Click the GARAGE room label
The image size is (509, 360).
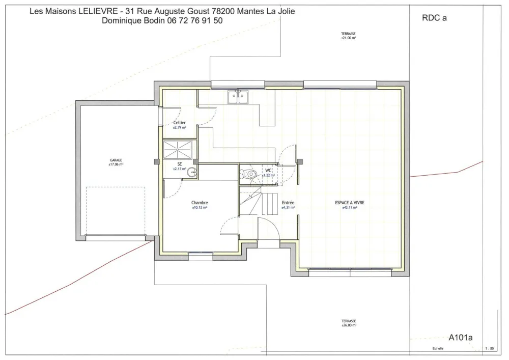(116, 160)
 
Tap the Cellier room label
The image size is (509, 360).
(179, 123)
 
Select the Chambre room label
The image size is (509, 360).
(200, 203)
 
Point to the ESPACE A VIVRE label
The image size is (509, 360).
(349, 203)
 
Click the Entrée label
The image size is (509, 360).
(288, 203)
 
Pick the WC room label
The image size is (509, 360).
(268, 170)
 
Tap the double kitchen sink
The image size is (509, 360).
(238, 97)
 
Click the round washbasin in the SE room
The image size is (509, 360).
(192, 173)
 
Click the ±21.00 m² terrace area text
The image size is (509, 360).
(349, 38)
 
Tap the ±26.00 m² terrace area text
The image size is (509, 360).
(349, 325)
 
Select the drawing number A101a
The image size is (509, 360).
(461, 337)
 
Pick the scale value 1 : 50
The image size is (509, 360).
(490, 349)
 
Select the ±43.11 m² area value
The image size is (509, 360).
(349, 208)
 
